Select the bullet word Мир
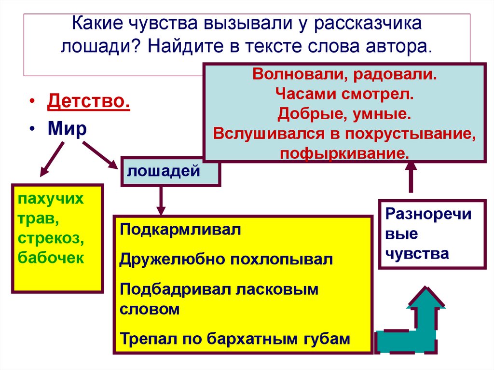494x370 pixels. [x=67, y=129]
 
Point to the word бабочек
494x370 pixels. [x=51, y=258]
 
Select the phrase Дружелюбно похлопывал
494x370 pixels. [x=226, y=259]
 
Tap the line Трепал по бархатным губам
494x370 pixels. [x=234, y=339]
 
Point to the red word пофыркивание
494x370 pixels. [x=344, y=153]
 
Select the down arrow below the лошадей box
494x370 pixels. [x=161, y=200]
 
